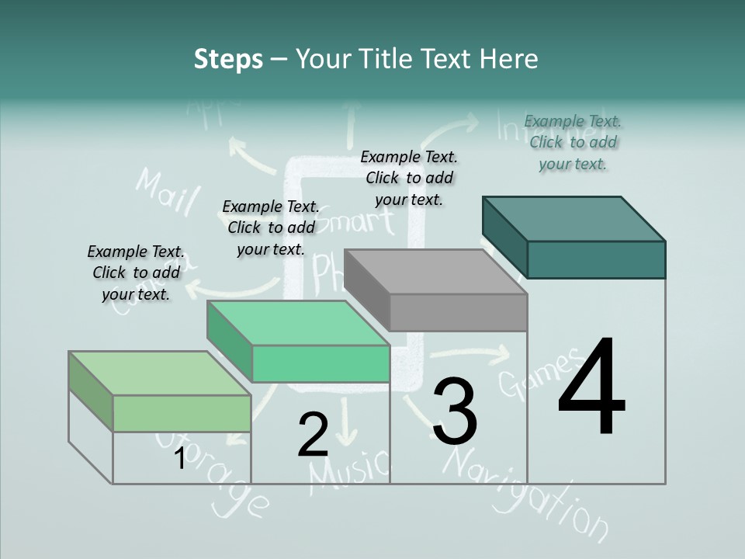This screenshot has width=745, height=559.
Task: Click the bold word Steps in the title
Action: tap(228, 59)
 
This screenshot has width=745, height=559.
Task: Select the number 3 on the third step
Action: tap(455, 411)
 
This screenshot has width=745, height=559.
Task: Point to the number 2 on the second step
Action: tap(313, 435)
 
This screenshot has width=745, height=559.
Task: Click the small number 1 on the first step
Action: tap(179, 459)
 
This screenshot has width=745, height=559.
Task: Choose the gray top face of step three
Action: tap(435, 272)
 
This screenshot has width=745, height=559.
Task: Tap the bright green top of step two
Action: tap(297, 322)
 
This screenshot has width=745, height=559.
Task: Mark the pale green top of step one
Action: tap(160, 373)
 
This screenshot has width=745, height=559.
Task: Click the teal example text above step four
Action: tap(573, 142)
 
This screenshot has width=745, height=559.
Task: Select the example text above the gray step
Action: tap(409, 178)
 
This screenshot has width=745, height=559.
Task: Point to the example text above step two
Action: tap(271, 227)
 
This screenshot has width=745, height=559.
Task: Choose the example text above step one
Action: tap(136, 273)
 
